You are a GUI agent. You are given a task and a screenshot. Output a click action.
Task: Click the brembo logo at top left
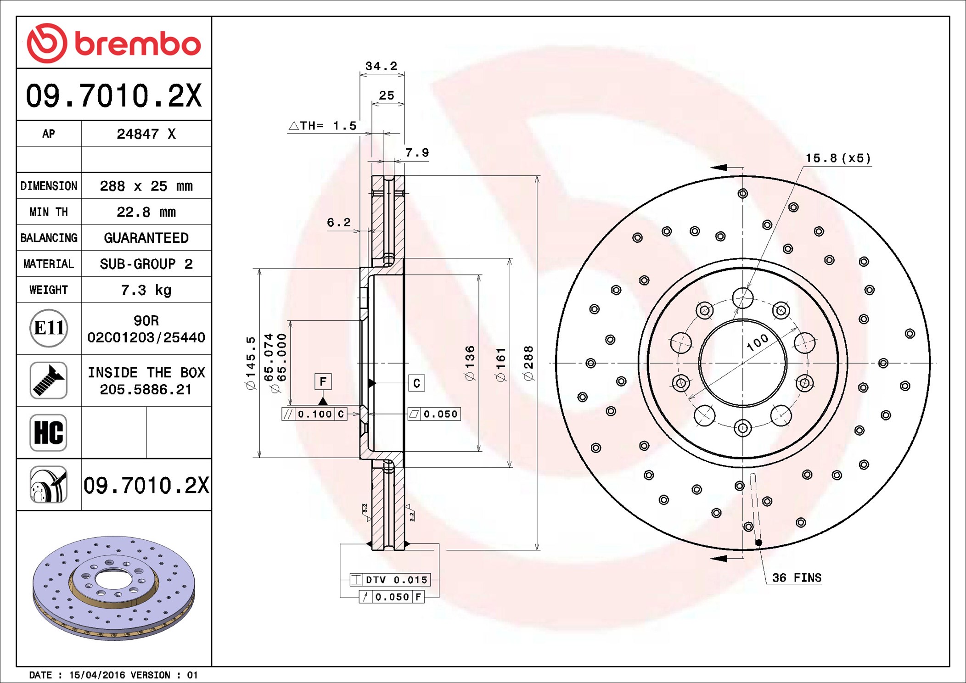click(114, 43)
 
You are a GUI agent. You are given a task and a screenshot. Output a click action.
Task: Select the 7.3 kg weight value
click(146, 290)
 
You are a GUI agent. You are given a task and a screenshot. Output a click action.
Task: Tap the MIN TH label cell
click(49, 212)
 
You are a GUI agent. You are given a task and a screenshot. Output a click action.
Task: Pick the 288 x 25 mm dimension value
click(146, 186)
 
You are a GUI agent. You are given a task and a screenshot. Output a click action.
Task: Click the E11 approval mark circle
click(49, 328)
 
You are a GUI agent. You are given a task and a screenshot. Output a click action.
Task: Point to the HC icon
click(49, 432)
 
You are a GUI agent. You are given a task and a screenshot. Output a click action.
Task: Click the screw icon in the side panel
click(49, 380)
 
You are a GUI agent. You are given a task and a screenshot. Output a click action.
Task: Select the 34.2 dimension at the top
click(381, 66)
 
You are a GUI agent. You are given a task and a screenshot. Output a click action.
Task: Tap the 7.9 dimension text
click(417, 152)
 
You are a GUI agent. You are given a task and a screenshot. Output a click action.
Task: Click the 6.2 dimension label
click(338, 223)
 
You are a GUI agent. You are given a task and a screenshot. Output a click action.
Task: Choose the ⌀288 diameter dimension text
click(528, 363)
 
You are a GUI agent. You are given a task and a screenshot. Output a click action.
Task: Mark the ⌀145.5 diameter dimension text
click(251, 363)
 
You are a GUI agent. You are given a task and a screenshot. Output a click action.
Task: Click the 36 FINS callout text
click(797, 577)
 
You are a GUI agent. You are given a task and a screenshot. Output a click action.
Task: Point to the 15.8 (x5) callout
click(838, 158)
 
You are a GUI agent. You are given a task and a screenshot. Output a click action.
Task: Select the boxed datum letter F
click(323, 381)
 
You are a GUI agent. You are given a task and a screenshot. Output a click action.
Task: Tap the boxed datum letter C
click(416, 383)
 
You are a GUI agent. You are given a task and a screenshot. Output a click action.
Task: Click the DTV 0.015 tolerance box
click(390, 580)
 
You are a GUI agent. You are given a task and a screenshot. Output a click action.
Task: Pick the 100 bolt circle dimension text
click(757, 342)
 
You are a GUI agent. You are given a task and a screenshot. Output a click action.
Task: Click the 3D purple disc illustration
click(114, 588)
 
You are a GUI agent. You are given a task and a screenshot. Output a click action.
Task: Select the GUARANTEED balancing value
click(146, 238)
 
